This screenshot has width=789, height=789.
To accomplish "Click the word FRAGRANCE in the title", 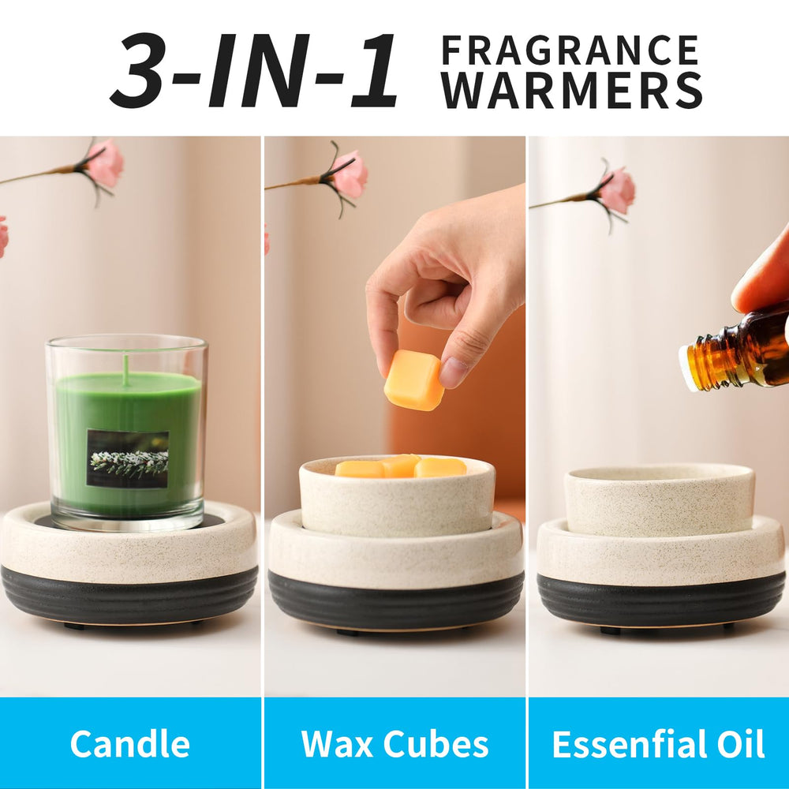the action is [570, 50].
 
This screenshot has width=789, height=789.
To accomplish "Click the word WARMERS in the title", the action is [571, 90].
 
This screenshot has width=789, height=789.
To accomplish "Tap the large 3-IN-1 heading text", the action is [254, 70].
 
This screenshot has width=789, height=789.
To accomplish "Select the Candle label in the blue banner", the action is [130, 744].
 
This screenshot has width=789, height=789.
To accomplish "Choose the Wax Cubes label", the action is [394, 744].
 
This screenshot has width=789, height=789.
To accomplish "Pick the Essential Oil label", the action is [658, 744].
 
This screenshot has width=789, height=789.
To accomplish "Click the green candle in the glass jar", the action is [127, 443].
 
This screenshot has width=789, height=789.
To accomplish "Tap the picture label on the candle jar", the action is [127, 458].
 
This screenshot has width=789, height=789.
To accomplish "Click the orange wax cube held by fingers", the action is [413, 380].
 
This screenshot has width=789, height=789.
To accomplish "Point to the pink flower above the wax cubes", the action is [348, 174].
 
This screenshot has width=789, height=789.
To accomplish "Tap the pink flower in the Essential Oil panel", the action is [615, 190].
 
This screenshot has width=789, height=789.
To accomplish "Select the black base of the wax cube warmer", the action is [395, 600].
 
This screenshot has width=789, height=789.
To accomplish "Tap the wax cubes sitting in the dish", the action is [401, 466].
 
